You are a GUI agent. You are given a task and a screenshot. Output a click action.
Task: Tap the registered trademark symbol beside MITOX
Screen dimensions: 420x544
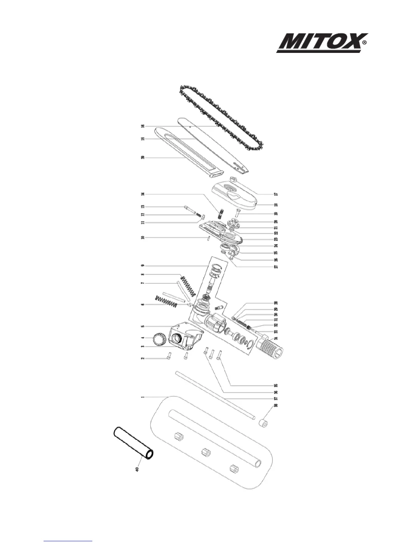365,43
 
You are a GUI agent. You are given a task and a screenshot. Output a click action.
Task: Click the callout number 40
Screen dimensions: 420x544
137,469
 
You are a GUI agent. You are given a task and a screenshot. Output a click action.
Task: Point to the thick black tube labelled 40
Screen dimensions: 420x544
133,443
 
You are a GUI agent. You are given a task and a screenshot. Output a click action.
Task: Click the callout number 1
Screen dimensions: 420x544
142,397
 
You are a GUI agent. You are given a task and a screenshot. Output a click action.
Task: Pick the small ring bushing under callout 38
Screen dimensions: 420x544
263,423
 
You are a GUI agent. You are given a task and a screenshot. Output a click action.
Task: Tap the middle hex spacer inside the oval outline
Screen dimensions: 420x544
206,451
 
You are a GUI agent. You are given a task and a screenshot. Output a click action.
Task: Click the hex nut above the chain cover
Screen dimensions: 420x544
234,179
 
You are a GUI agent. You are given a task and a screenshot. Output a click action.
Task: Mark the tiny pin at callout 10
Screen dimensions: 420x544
208,239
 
